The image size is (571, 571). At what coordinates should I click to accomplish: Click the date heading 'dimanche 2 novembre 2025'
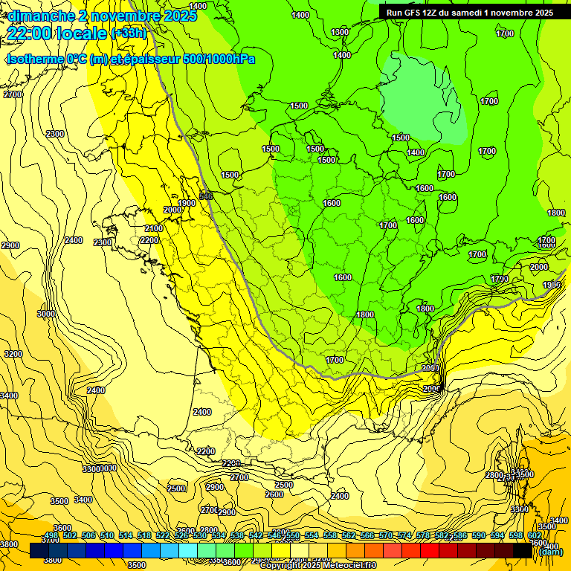click(102, 16)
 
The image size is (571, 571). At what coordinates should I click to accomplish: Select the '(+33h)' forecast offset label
click(129, 33)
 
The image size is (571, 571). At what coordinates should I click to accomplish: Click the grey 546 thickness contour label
click(206, 196)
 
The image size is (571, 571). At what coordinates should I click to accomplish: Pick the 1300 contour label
click(340, 32)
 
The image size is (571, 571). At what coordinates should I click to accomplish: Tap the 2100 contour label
click(154, 228)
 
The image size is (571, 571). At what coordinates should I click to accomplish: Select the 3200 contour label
click(13, 354)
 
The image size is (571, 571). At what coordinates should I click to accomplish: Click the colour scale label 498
click(51, 536)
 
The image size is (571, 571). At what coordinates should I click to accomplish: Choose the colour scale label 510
click(107, 536)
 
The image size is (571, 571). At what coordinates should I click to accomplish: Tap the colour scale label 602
click(534, 536)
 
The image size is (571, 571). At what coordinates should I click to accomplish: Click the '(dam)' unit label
click(551, 552)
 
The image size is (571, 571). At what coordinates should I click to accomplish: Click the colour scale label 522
click(163, 536)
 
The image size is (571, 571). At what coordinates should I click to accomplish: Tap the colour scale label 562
click(349, 536)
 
